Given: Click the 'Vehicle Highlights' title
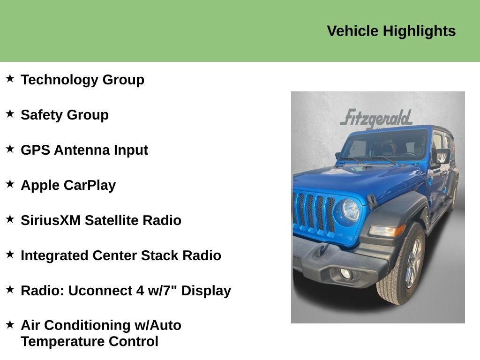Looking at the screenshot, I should (391, 31).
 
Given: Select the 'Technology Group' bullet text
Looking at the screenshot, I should (82, 80).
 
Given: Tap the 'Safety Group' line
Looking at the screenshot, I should (65, 115).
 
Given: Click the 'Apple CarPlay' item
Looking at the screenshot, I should (68, 185).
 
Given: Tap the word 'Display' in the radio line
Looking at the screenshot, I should (206, 291).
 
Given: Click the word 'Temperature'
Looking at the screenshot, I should (62, 341).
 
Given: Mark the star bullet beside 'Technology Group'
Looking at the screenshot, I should (10, 78).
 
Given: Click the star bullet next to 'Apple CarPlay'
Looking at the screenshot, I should (10, 184).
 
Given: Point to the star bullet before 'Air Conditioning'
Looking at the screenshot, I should (10, 324).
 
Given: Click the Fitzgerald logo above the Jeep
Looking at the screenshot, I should (376, 118).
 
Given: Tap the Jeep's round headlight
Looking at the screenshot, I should (350, 210).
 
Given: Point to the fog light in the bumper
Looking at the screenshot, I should (345, 274).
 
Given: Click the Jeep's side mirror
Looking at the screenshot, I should (442, 157).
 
